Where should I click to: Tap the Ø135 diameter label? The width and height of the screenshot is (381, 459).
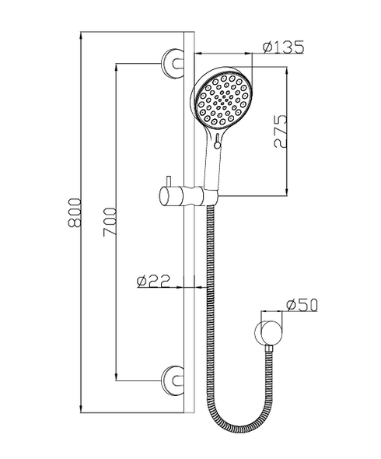282,47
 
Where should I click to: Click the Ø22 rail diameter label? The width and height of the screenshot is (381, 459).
154,281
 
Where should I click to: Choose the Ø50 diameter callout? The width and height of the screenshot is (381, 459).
302,305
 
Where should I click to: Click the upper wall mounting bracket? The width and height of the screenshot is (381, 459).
173,63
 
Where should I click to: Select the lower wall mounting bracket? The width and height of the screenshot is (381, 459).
173,380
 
